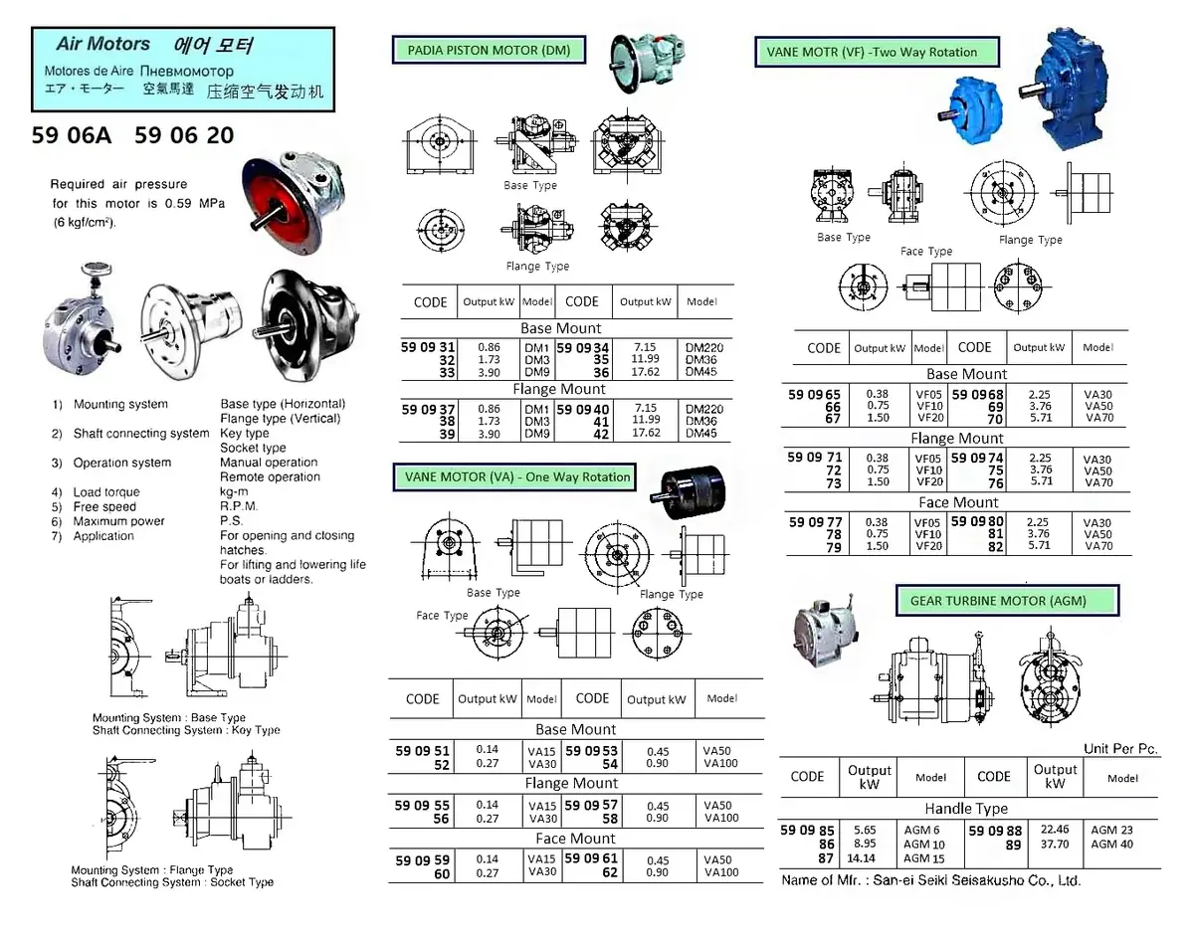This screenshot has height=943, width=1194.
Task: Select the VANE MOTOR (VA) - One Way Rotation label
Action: pos(517,476)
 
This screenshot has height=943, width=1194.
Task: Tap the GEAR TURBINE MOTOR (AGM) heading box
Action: pos(1007,600)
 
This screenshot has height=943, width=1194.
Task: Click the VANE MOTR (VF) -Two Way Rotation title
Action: pos(872,52)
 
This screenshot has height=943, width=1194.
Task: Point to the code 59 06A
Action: pos(72,136)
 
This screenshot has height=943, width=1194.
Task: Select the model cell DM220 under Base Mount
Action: pos(703,348)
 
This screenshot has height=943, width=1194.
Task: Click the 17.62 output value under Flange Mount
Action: pos(645,434)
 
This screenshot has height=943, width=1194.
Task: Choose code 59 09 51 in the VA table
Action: pos(422,751)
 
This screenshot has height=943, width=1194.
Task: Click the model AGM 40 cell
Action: pos(1111,845)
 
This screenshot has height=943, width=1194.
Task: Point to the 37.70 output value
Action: pos(1055,845)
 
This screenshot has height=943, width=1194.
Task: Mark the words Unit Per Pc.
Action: pos(1121,749)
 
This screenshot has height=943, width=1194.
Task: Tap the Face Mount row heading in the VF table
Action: pos(958,502)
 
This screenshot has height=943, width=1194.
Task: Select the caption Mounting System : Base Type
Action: pos(169,717)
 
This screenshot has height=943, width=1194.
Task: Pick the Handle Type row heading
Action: pos(966,809)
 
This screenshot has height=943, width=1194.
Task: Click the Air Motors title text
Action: pos(103,45)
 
